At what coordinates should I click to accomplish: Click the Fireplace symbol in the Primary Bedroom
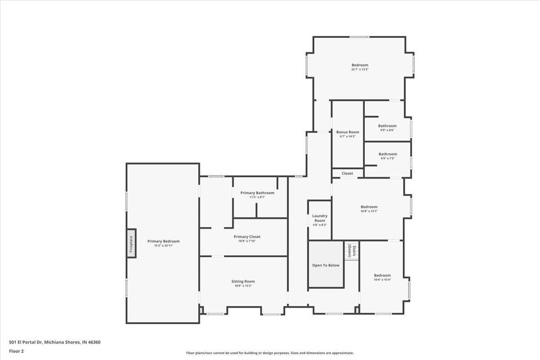pyautogui.click(x=131, y=243)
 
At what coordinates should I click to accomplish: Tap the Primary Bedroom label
pyautogui.click(x=163, y=241)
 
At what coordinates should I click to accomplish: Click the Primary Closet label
pyautogui.click(x=247, y=237)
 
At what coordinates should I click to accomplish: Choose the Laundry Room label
pyautogui.click(x=319, y=218)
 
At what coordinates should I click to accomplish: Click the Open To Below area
pyautogui.click(x=326, y=265)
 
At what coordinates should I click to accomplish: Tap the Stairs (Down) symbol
pyautogui.click(x=351, y=250)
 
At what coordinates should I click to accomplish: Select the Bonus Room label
pyautogui.click(x=347, y=132)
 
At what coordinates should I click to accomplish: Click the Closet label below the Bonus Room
pyautogui.click(x=347, y=173)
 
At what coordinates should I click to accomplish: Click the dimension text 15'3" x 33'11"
pyautogui.click(x=163, y=246)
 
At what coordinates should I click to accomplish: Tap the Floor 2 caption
pyautogui.click(x=16, y=351)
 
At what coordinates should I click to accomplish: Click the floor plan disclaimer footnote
pyautogui.click(x=270, y=353)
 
